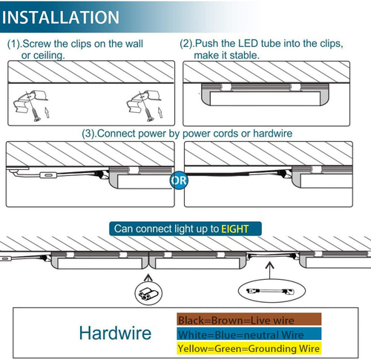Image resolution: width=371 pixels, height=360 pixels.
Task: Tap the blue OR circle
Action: click(178, 180)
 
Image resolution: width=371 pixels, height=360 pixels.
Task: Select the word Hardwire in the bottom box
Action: click(114, 333)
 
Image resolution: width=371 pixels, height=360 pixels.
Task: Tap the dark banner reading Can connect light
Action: click(185, 229)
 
